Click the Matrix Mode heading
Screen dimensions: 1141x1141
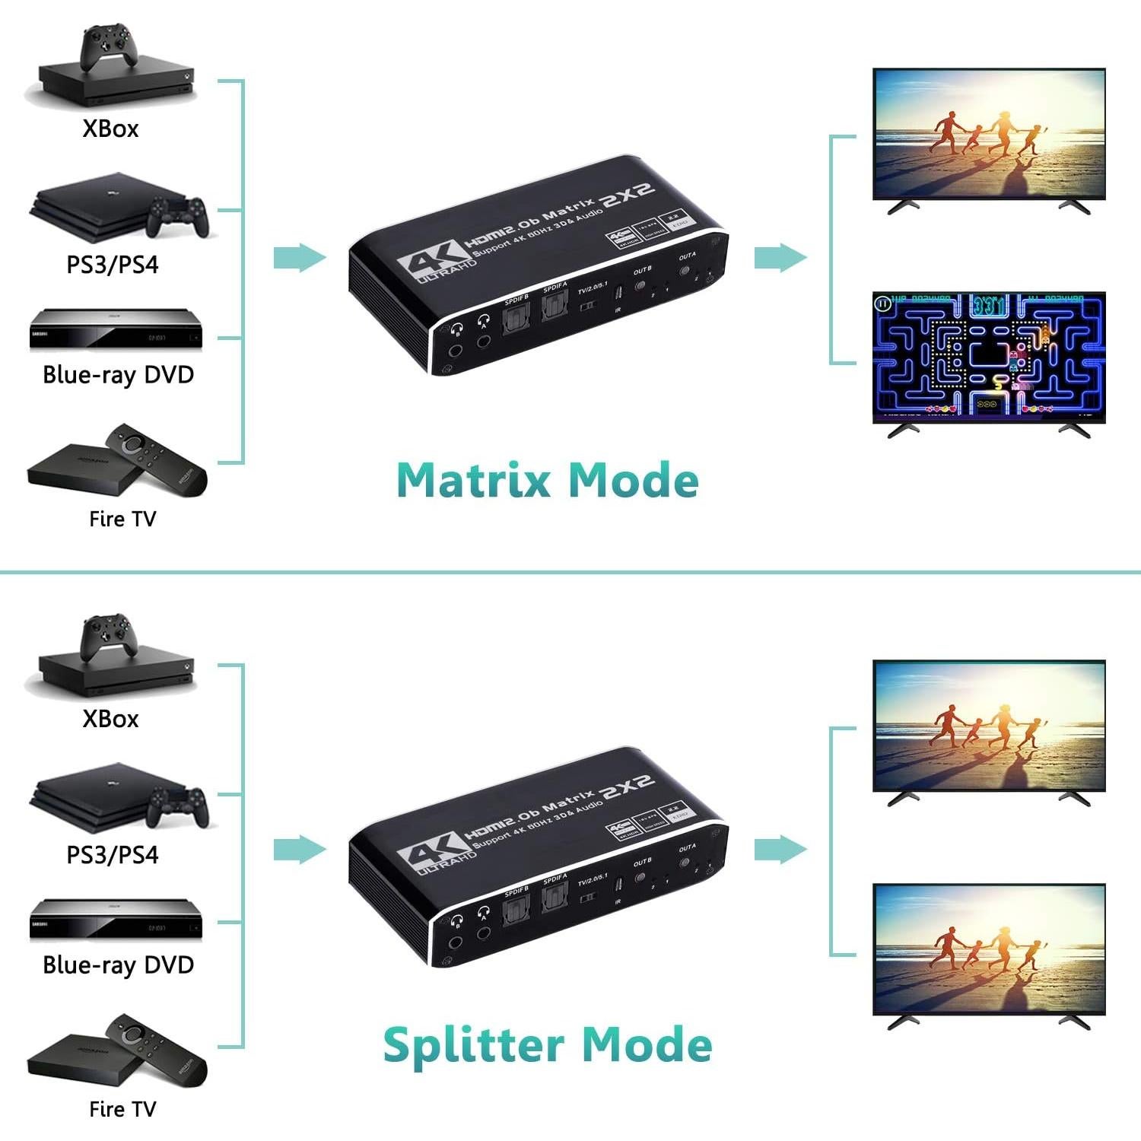point(548,481)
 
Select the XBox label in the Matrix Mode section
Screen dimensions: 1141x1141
point(111,129)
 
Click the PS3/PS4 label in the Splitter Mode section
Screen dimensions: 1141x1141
point(113,855)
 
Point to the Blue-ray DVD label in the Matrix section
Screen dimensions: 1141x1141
point(119,374)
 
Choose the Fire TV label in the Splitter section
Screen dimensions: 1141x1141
point(122,1109)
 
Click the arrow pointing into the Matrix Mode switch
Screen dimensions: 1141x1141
point(299,258)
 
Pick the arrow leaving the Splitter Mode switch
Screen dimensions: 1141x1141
point(780,850)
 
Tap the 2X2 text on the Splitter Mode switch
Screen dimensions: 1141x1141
point(627,787)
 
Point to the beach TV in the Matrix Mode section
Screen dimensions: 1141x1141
point(988,134)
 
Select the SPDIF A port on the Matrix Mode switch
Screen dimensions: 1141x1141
point(555,305)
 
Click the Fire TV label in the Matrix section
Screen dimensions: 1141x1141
point(122,519)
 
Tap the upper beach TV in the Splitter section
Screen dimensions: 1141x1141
point(988,726)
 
